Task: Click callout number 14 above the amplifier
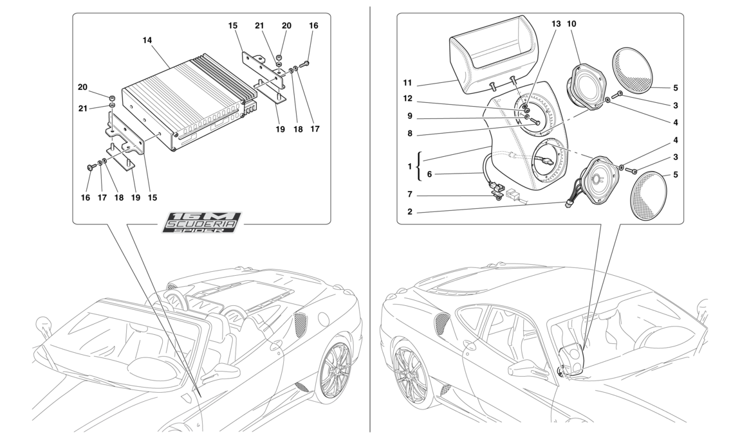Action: [x=147, y=40]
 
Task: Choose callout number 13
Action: [x=556, y=24]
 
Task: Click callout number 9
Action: [x=409, y=117]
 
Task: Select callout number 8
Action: [x=409, y=135]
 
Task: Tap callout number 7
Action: [x=409, y=194]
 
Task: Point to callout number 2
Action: [x=409, y=211]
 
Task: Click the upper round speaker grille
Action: [x=636, y=71]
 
